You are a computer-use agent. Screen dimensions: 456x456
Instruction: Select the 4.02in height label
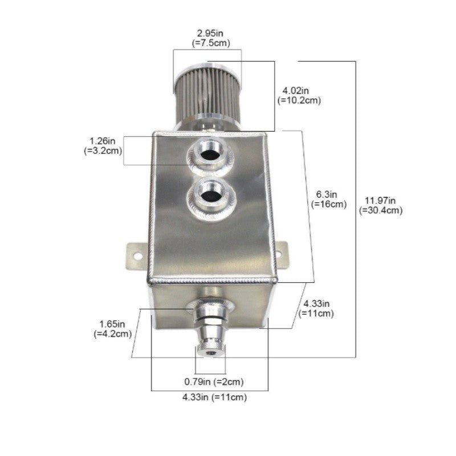tap(296, 90)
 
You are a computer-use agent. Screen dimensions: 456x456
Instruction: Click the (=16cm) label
tap(329, 204)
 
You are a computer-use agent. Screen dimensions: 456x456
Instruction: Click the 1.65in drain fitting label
tap(113, 324)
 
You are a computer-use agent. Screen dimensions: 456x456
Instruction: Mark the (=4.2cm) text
tap(113, 334)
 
